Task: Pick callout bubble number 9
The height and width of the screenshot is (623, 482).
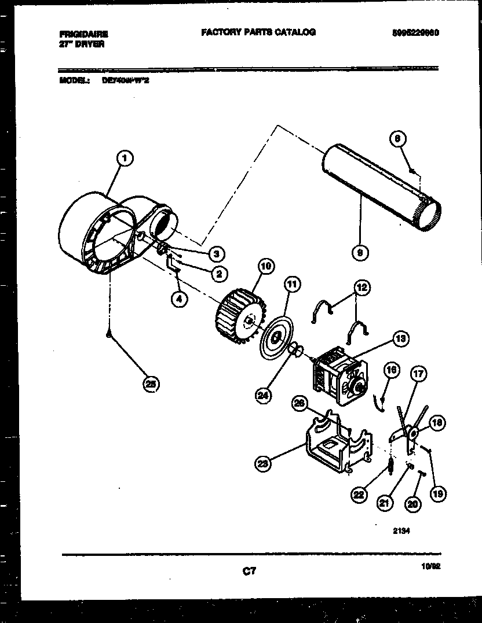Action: (361, 252)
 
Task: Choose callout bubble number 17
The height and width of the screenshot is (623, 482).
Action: (419, 374)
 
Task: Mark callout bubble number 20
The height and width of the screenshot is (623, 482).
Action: (412, 504)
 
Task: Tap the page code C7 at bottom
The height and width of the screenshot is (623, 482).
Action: (249, 572)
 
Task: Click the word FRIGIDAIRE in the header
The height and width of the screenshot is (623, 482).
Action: (83, 34)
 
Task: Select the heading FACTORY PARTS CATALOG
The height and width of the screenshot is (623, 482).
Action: (258, 32)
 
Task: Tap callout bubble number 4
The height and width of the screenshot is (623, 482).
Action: (180, 300)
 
